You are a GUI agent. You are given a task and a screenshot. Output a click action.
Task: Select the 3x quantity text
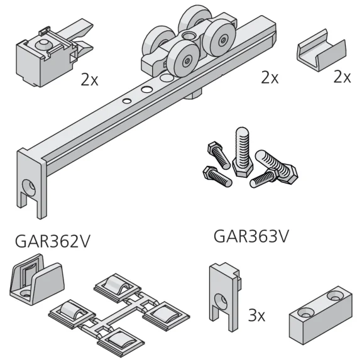click(256, 314)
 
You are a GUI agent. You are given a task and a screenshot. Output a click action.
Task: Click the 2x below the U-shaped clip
click(342, 77)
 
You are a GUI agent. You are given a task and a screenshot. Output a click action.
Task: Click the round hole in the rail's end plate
click(28, 187)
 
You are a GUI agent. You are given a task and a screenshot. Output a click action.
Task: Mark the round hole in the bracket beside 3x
click(222, 300)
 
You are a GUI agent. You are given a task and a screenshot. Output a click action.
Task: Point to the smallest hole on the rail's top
click(126, 100)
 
